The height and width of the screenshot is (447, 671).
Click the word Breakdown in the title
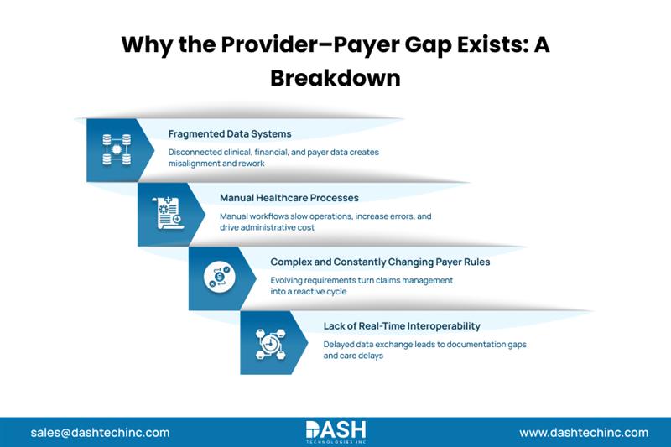335,77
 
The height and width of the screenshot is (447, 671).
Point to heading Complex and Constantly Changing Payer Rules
380,262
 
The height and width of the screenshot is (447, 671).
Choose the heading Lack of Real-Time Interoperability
402,325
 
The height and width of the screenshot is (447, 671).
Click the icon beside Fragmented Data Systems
112,149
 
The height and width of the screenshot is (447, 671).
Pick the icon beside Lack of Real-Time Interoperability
268,341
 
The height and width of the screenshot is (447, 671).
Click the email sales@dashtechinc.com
100,433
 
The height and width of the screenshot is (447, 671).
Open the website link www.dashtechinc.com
584,433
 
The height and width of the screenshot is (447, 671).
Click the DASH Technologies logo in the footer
335,432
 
